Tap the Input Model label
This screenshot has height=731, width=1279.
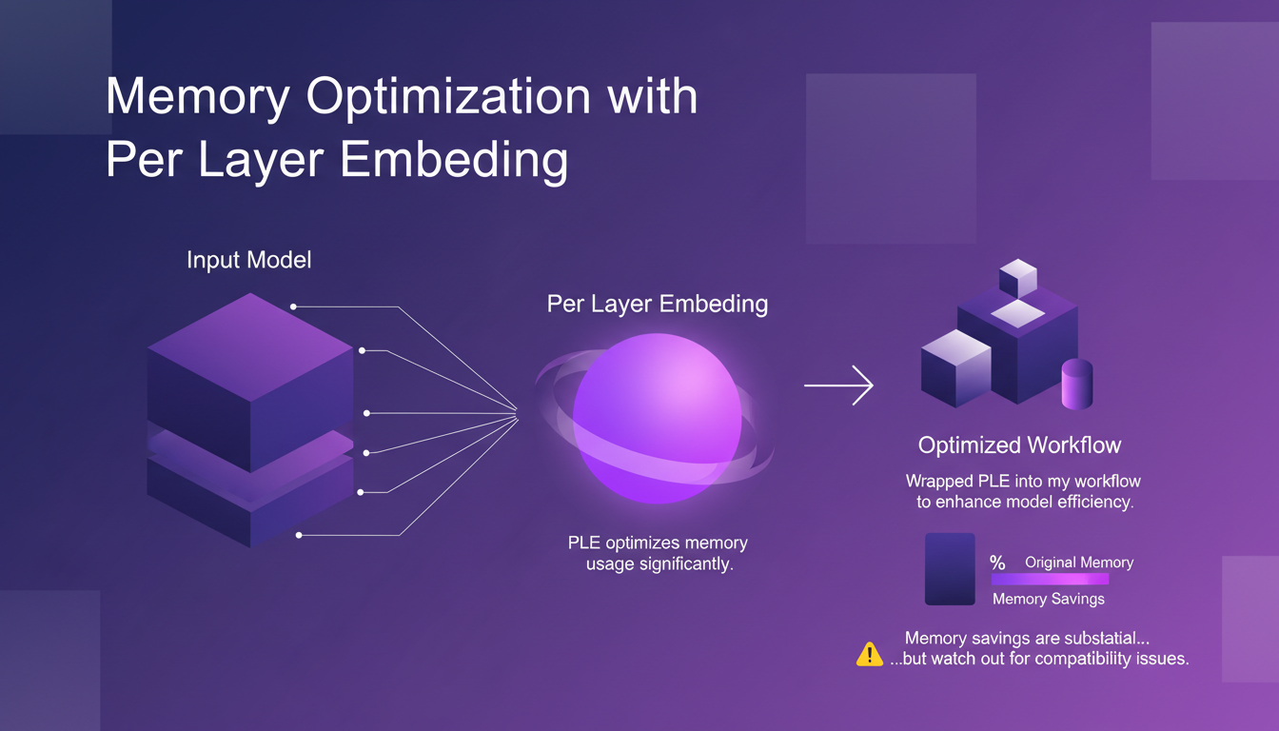248,260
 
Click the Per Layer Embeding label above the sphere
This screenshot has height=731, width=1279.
657,305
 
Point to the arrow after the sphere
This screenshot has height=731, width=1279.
838,385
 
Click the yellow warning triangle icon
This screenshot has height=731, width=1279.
870,654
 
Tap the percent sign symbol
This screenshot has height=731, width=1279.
997,563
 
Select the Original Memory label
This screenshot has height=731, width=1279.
1078,563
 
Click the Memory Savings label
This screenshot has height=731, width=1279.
1048,599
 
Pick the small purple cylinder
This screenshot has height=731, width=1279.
1076,385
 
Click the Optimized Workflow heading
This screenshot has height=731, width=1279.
1019,445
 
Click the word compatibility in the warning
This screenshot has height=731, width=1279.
1082,659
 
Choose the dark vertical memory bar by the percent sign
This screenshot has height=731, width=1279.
950,568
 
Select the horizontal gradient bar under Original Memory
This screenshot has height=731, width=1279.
1050,579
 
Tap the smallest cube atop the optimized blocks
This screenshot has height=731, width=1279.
1016,278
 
